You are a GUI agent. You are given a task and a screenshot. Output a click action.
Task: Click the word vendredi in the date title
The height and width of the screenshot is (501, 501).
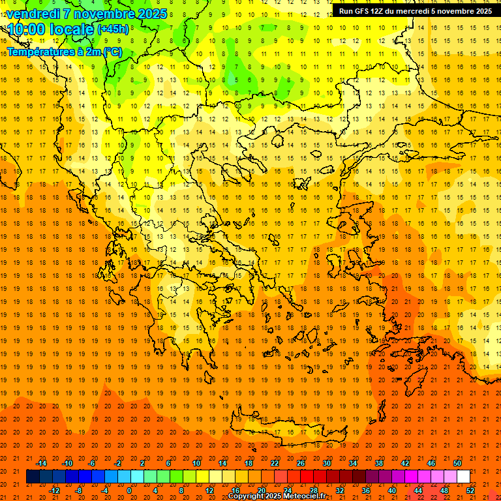click(x=33, y=13)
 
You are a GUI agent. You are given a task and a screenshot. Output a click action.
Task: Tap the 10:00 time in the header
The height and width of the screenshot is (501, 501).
click(x=26, y=29)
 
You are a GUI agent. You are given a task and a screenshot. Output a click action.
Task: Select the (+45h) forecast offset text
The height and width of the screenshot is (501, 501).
click(x=113, y=29)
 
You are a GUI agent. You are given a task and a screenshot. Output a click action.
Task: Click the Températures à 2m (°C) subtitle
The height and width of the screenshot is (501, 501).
click(x=64, y=52)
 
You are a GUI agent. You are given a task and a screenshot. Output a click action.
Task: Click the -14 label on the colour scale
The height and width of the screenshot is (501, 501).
click(x=41, y=463)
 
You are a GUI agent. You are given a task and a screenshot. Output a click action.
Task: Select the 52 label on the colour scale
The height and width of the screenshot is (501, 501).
click(x=470, y=490)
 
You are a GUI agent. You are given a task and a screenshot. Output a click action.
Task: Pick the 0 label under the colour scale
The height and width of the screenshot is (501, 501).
click(x=129, y=490)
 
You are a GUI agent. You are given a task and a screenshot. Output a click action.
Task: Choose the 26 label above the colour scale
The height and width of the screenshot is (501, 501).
click(x=301, y=463)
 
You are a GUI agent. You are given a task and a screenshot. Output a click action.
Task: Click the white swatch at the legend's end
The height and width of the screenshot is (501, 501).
click(x=464, y=477)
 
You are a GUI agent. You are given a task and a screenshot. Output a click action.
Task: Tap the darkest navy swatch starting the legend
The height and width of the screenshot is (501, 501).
click(x=33, y=477)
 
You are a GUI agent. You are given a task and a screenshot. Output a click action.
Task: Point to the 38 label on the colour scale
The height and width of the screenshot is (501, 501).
click(x=379, y=463)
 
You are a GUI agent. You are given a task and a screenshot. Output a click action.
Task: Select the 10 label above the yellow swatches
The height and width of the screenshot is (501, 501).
click(x=196, y=463)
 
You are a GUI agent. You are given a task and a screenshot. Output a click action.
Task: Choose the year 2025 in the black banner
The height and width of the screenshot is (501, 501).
click(x=479, y=11)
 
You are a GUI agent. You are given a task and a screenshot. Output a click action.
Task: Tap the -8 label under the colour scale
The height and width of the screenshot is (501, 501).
click(x=78, y=490)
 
